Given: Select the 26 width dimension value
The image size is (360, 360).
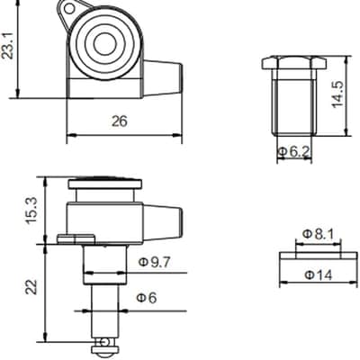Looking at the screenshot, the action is click(120, 121).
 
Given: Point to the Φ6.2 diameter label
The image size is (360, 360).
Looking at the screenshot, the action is click(293, 152).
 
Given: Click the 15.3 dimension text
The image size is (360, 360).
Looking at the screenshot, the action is click(31, 211).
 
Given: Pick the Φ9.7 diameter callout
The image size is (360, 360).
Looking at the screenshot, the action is click(154, 263).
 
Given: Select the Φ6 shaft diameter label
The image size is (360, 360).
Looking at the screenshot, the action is click(147, 298).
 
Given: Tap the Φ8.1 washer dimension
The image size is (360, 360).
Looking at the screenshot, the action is click(319, 234).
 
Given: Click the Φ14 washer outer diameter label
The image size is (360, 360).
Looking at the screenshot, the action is click(319, 274).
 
